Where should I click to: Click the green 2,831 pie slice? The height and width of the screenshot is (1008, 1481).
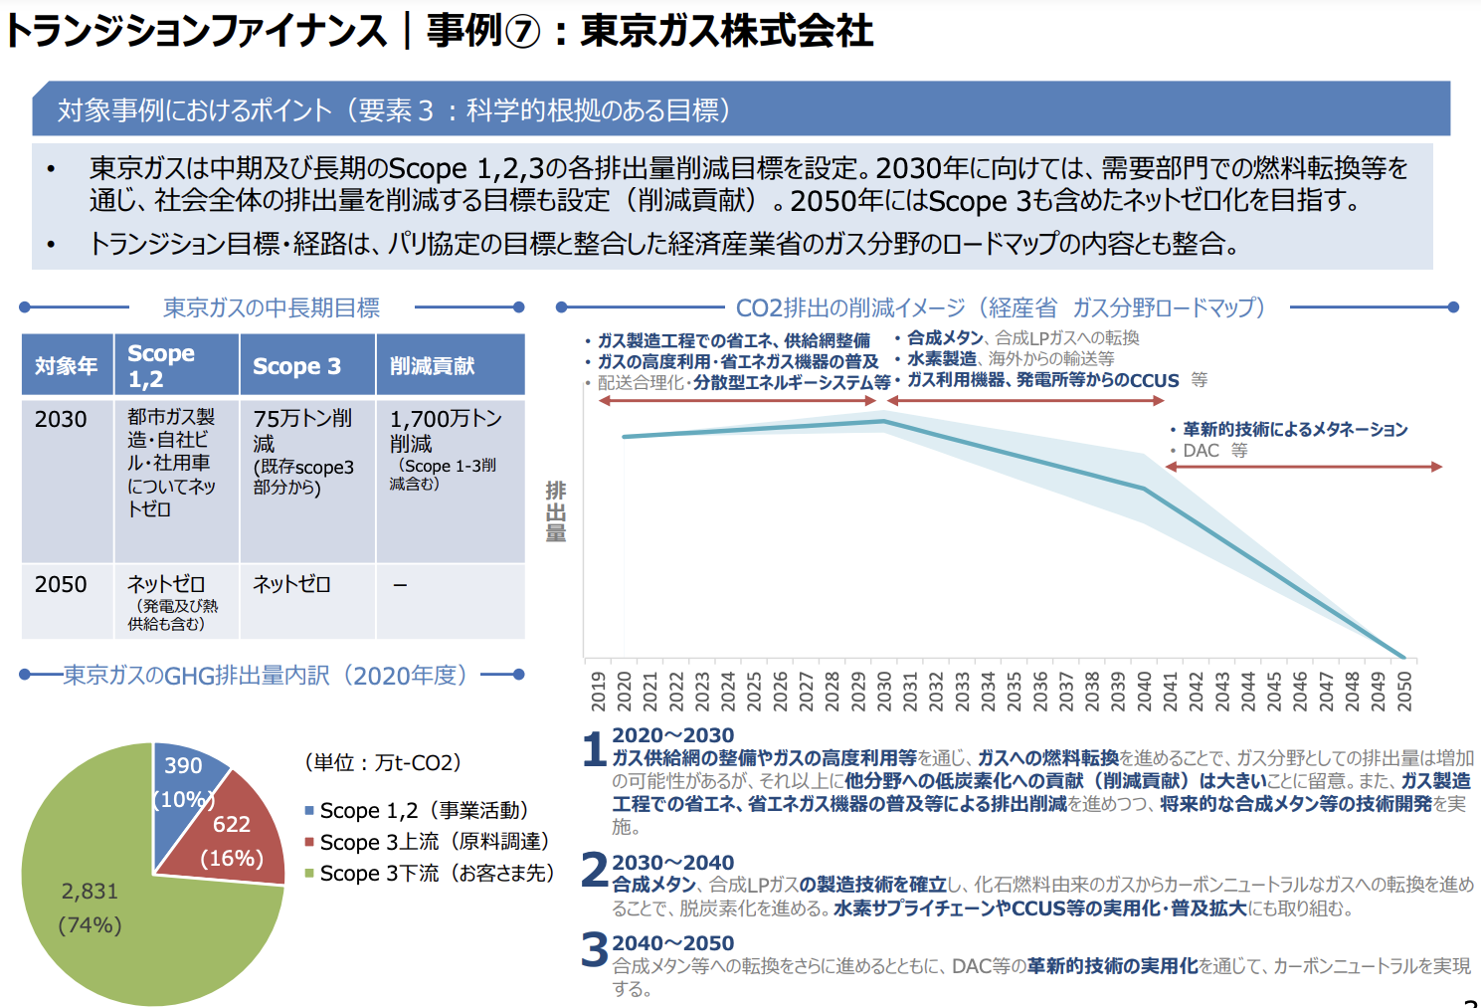(129, 906)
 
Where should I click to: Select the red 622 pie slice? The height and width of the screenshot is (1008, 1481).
(234, 836)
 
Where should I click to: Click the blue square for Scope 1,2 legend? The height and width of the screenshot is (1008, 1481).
(309, 811)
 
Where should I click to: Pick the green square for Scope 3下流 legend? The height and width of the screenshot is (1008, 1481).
(309, 874)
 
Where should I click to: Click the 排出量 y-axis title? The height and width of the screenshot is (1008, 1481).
(556, 510)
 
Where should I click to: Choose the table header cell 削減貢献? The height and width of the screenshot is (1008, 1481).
(432, 366)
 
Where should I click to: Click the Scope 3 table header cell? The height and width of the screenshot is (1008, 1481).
(296, 366)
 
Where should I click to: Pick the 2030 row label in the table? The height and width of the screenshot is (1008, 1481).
(61, 419)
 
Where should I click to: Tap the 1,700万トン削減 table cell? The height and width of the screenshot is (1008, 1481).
(446, 430)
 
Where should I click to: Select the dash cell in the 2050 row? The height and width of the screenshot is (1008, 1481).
(400, 585)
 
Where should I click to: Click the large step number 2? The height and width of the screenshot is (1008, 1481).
(594, 870)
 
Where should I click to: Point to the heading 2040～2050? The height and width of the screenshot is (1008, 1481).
(672, 943)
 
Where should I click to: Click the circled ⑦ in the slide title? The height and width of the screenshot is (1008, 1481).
(523, 32)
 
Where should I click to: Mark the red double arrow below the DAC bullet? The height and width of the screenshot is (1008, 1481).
(1303, 467)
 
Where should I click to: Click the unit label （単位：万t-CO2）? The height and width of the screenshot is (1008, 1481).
(382, 763)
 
